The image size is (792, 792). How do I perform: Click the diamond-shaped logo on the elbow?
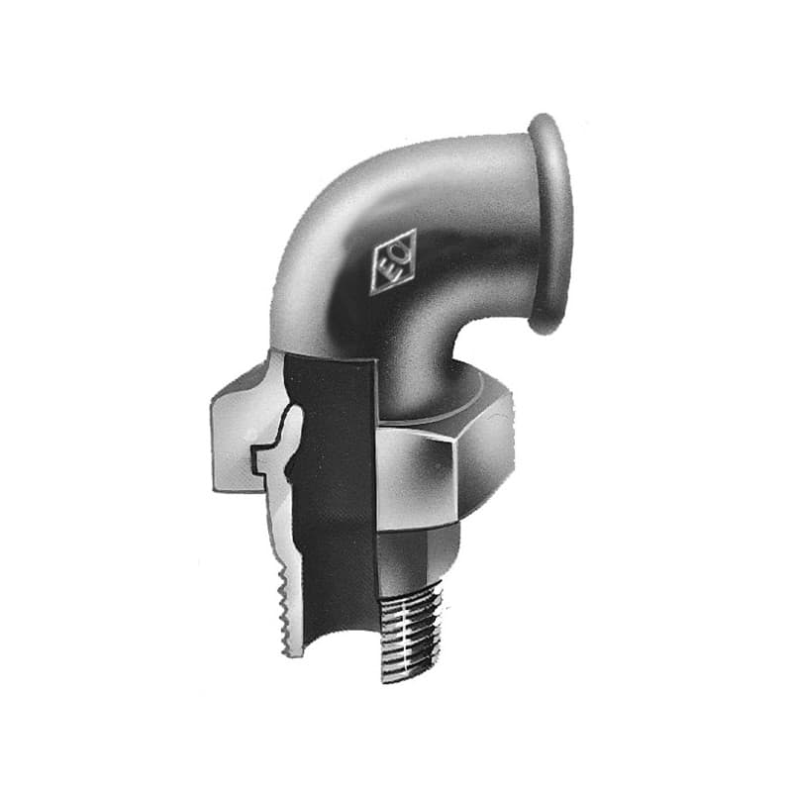(x=393, y=261)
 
